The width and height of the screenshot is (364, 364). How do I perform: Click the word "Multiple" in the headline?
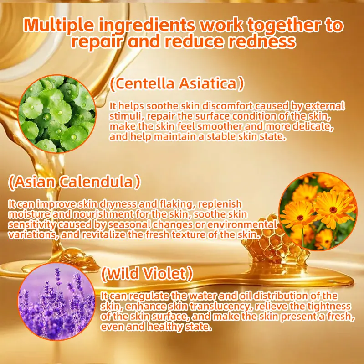coord(59,25)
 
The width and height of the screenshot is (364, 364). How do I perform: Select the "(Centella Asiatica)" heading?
coord(177,83)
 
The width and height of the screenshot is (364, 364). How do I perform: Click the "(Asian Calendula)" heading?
coord(74,182)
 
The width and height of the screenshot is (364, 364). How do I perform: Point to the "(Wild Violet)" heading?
coord(147,273)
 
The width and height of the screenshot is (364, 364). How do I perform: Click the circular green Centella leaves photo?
coord(57,114)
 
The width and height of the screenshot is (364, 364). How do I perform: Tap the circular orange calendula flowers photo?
coord(318,211)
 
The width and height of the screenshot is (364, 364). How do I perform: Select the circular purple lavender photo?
coord(56,302)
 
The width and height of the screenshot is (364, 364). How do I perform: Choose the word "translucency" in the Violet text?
coord(221,307)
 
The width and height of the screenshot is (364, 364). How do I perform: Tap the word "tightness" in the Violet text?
coord(329,307)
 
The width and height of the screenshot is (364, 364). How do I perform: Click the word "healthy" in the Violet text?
coord(165,327)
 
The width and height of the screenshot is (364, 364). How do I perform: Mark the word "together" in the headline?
coord(283,26)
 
